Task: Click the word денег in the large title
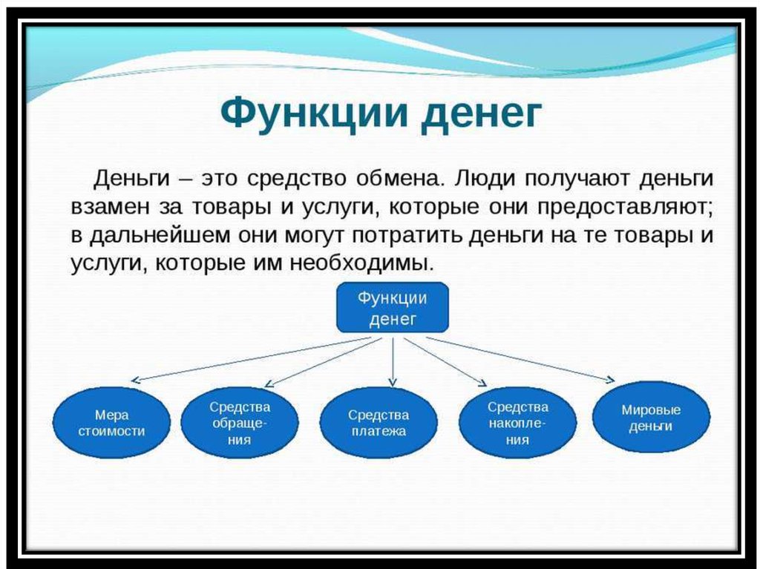[x=481, y=115]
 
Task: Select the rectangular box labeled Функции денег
[x=393, y=307]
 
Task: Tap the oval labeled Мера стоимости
[x=111, y=423]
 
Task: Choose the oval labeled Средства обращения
[x=240, y=423]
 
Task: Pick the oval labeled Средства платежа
[x=379, y=423]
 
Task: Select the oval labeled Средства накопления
[x=517, y=423]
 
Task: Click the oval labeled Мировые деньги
[x=651, y=418]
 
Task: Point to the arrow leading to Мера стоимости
[x=251, y=360]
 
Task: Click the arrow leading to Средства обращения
[x=324, y=363]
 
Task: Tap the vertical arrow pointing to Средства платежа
[x=393, y=361]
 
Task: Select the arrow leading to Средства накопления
[x=445, y=362]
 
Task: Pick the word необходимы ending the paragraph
[x=361, y=263]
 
